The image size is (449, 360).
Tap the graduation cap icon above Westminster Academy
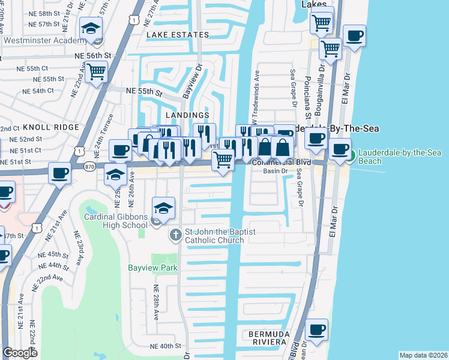[x=91, y=28]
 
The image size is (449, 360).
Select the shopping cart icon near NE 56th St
[x=96, y=72]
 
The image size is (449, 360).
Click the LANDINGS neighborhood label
[x=189, y=115]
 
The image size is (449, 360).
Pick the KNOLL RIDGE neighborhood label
[x=51, y=127]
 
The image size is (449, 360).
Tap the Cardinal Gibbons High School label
[x=115, y=221]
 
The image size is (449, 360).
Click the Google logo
[x=20, y=353]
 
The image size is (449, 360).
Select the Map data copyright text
[x=423, y=355]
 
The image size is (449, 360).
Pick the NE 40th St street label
[x=165, y=346]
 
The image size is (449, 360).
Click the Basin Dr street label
[x=277, y=171]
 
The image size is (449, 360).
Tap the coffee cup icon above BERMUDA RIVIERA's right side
[x=316, y=329]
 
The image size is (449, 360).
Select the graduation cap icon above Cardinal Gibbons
[x=163, y=208]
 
